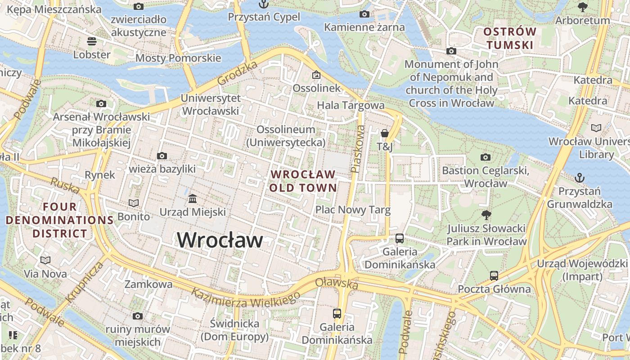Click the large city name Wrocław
220,239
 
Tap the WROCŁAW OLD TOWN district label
303,181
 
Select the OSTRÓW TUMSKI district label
509,38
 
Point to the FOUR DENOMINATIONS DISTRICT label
59,220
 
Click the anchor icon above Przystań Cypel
263,4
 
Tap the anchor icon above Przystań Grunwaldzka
580,178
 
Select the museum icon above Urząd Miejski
193,198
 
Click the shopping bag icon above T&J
385,133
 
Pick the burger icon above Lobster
92,41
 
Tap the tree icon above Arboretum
582,7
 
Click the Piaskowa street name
358,149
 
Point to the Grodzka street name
237,73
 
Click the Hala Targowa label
351,105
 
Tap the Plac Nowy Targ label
353,210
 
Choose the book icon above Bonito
134,203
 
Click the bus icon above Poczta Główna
494,275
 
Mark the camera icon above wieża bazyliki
162,156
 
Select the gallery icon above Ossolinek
316,75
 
